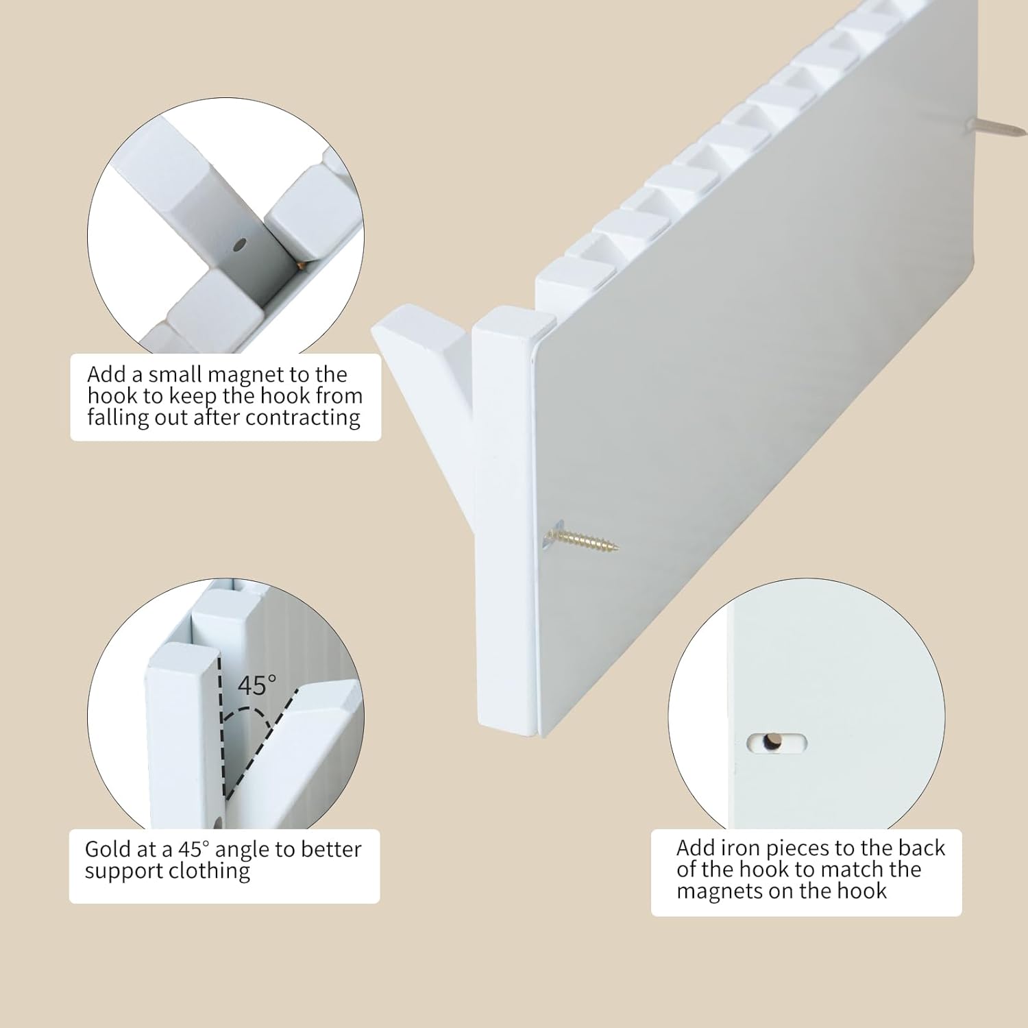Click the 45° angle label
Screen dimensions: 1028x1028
[257, 685]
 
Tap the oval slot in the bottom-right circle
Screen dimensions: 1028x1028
[776, 742]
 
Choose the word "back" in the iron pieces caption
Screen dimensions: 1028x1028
[922, 848]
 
